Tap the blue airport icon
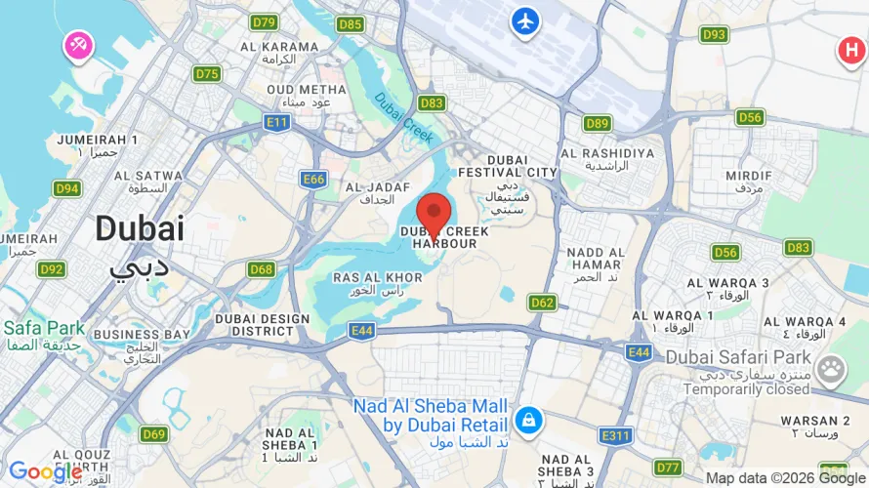(x=524, y=20)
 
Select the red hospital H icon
(x=849, y=52)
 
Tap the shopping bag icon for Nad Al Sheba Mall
(x=528, y=421)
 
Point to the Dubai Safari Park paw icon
(x=831, y=369)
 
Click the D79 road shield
(x=264, y=22)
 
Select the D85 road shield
(x=351, y=24)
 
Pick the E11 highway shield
(x=277, y=122)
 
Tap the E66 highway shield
(x=313, y=180)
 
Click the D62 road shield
(x=543, y=303)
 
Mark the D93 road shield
(x=715, y=35)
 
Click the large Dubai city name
(x=140, y=230)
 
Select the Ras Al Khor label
(x=378, y=278)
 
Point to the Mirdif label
(x=749, y=176)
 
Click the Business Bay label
(x=142, y=335)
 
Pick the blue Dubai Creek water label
(x=402, y=117)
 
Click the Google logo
(x=45, y=471)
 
